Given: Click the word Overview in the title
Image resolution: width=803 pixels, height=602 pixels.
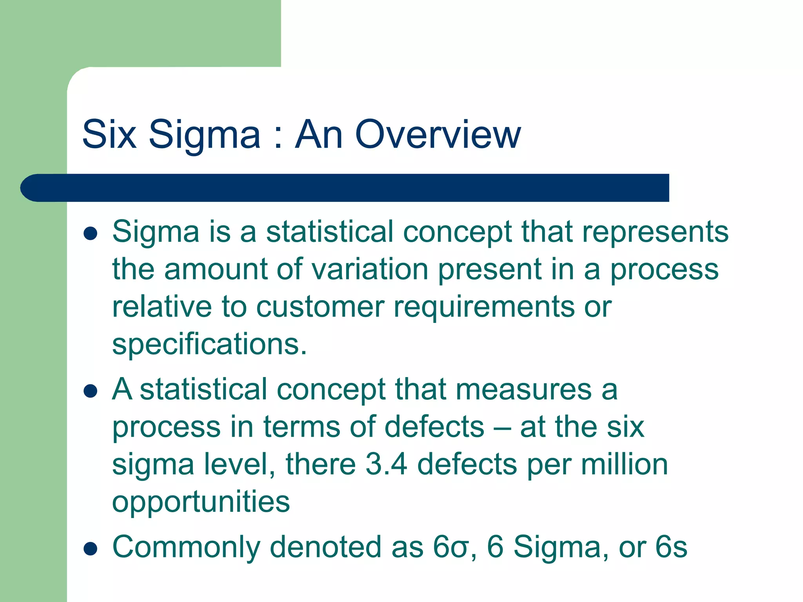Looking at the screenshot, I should click(x=438, y=134).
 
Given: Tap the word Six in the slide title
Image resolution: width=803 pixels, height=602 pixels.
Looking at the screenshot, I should click(x=109, y=134).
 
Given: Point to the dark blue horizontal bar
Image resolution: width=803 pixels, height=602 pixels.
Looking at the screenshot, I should click(x=345, y=188).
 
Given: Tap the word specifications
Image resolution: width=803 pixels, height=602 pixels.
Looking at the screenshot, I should click(x=209, y=345).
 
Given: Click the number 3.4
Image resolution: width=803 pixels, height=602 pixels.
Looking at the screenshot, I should click(x=386, y=464).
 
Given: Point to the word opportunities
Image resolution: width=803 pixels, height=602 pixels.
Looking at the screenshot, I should click(x=201, y=502).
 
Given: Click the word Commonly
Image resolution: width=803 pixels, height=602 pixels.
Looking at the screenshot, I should click(x=186, y=548).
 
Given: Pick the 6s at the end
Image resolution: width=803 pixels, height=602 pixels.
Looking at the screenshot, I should click(x=671, y=547).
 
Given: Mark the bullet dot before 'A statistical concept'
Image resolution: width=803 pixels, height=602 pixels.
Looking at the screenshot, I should click(x=91, y=391).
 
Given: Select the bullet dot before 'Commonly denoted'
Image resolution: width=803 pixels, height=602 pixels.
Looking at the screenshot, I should click(x=91, y=549).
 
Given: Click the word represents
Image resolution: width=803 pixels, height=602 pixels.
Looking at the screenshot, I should click(x=655, y=232).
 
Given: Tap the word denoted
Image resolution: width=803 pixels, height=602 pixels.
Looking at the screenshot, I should click(x=325, y=547).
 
